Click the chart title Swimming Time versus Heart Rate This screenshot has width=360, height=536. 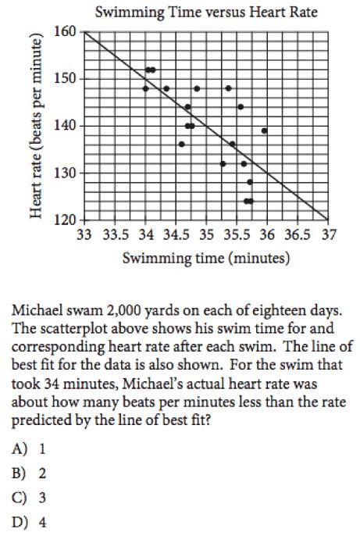click(206, 13)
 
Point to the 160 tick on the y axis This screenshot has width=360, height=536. click(67, 32)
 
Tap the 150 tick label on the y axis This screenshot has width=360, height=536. click(67, 79)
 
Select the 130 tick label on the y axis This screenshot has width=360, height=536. click(67, 173)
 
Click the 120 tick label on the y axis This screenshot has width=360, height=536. click(67, 220)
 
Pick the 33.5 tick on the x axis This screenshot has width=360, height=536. click(115, 234)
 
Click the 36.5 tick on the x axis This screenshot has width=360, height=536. click(298, 234)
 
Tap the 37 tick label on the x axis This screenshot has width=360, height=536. click(328, 234)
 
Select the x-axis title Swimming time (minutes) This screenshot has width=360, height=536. click(206, 257)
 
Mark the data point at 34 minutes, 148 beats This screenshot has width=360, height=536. click(145, 88)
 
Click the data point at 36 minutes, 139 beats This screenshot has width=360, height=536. click(265, 130)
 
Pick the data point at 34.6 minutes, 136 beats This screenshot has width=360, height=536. click(181, 144)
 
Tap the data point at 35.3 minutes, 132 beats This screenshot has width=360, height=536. click(223, 163)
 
